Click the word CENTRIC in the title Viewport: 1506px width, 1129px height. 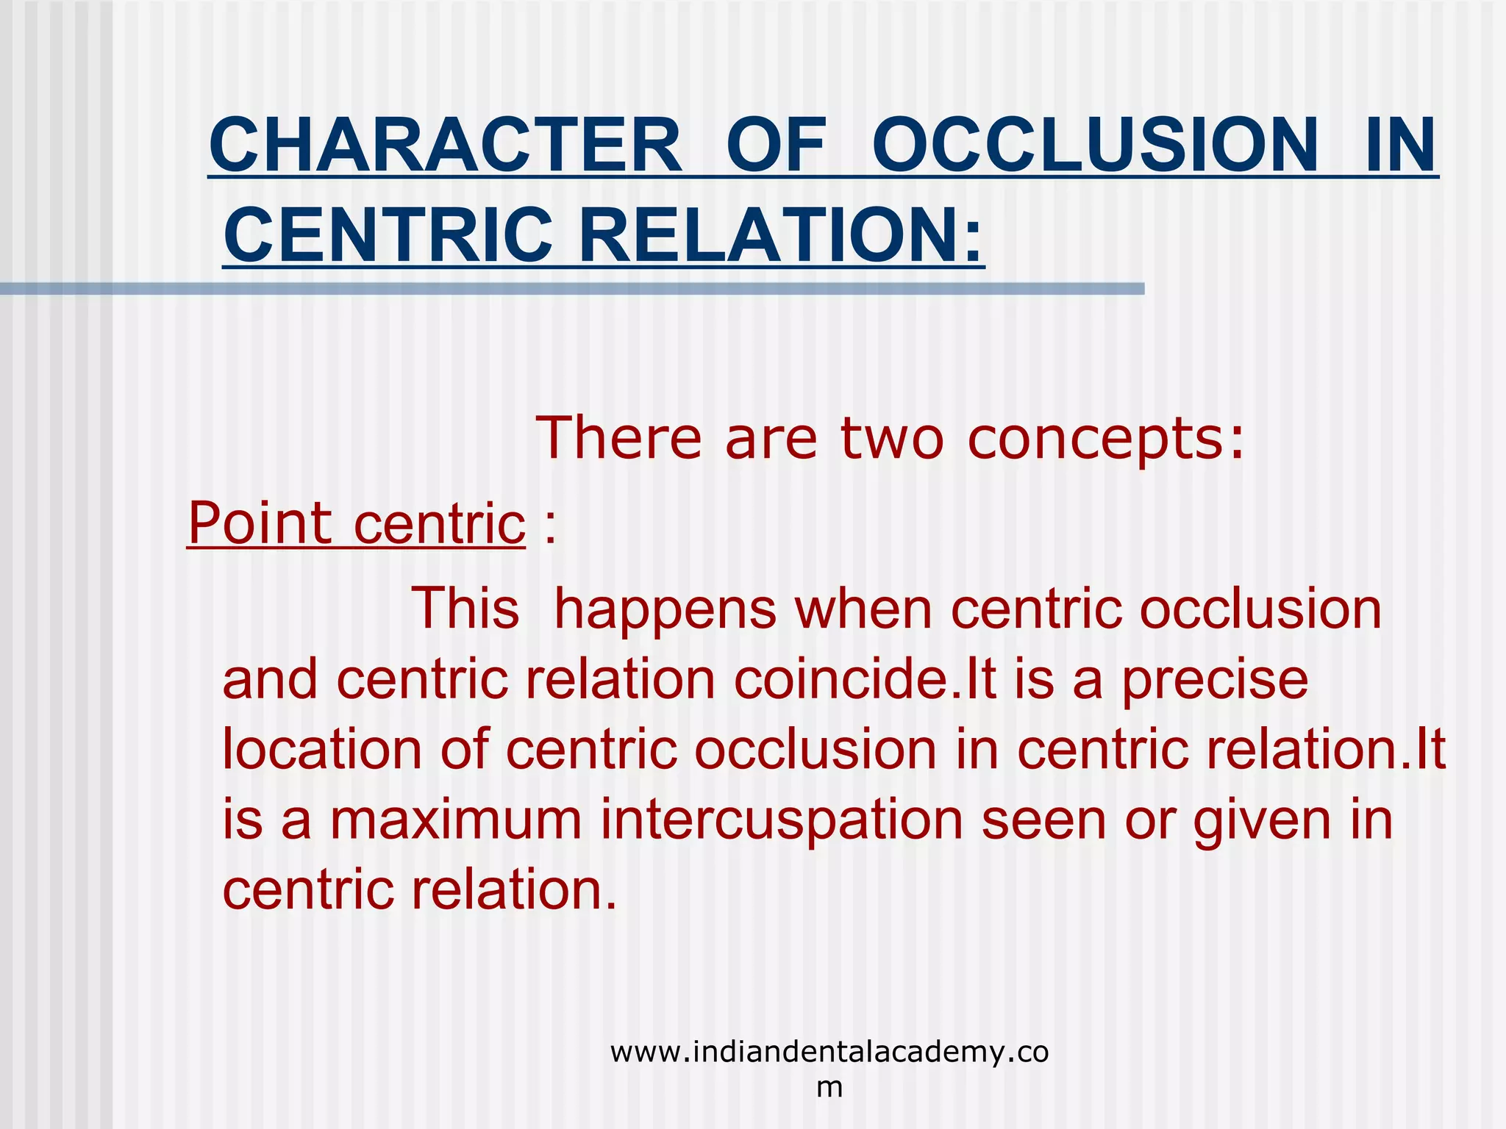pyautogui.click(x=388, y=235)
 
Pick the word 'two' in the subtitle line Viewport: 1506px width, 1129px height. pyautogui.click(x=891, y=438)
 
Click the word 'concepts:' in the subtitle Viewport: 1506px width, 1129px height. pyautogui.click(x=1106, y=438)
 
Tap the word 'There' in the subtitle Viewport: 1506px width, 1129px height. pyautogui.click(x=618, y=438)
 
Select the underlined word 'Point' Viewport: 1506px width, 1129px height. pyautogui.click(x=260, y=523)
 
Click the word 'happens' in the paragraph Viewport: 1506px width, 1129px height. pyautogui.click(x=665, y=609)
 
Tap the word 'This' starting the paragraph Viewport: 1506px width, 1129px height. pyautogui.click(x=465, y=609)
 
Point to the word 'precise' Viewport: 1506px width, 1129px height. pyautogui.click(x=1215, y=681)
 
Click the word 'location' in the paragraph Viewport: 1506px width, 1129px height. pyautogui.click(x=321, y=750)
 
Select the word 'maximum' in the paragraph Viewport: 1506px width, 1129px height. pyautogui.click(x=456, y=820)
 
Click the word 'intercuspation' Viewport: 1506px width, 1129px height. pyautogui.click(x=781, y=820)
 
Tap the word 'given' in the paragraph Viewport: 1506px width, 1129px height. pyautogui.click(x=1262, y=820)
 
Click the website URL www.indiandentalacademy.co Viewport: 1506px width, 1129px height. pyautogui.click(x=829, y=1053)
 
